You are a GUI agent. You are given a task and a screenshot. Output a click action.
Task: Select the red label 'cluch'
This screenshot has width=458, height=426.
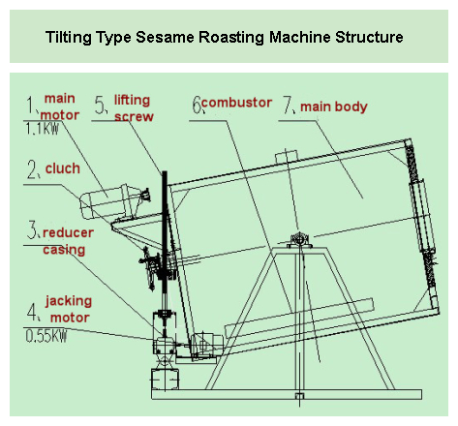coord(62,168)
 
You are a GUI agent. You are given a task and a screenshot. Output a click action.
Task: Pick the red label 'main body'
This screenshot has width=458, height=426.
coord(333,106)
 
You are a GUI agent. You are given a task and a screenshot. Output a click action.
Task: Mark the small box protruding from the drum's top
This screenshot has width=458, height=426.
coord(285,157)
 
